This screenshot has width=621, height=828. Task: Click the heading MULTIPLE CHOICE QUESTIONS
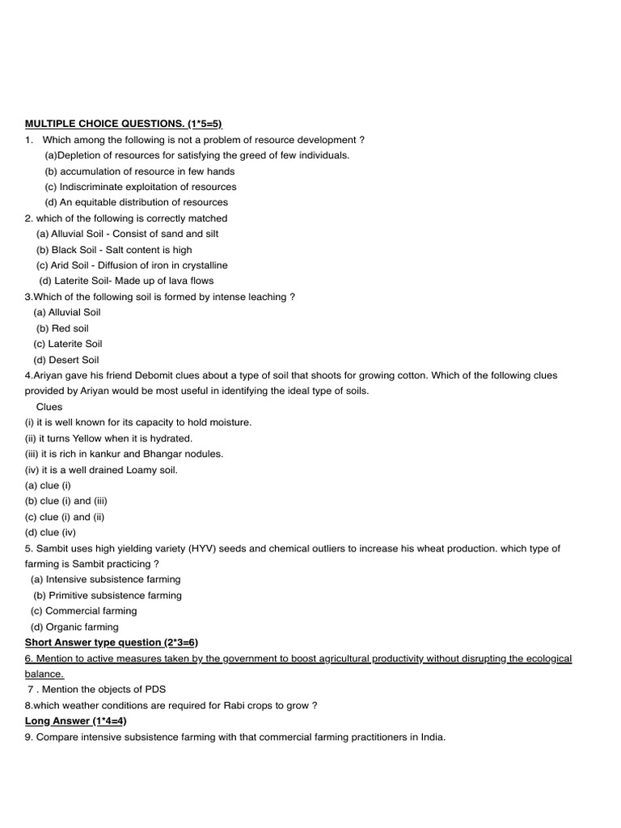click(123, 124)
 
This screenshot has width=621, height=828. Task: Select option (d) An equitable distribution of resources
click(136, 202)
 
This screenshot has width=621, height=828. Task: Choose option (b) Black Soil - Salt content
click(114, 250)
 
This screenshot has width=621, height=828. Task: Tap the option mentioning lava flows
click(126, 281)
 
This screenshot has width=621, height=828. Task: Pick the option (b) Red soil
click(62, 328)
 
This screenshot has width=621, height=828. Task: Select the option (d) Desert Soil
click(65, 360)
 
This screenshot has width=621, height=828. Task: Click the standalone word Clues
click(49, 407)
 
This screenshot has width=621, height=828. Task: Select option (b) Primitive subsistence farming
click(107, 595)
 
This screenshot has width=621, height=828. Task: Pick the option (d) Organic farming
click(74, 627)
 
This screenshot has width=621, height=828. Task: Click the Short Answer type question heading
click(112, 643)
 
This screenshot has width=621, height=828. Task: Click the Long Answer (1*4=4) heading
click(76, 720)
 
